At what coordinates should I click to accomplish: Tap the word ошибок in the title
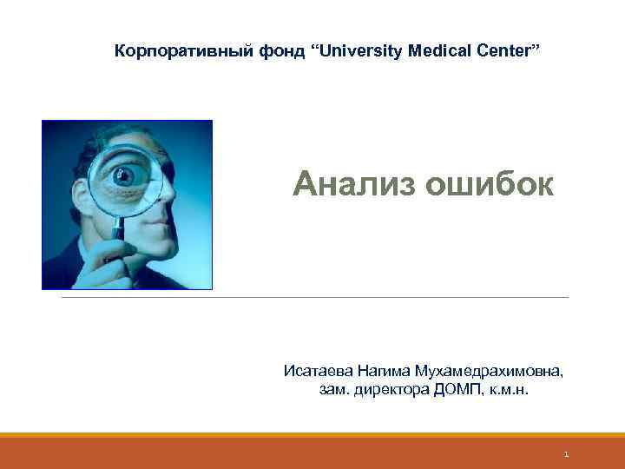491,184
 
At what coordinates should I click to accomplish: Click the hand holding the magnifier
109,261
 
